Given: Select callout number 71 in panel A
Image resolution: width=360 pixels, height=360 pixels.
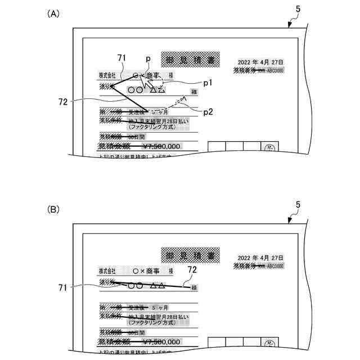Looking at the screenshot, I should point(122,57).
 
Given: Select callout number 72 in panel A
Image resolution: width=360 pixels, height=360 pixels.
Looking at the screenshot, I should point(63,102).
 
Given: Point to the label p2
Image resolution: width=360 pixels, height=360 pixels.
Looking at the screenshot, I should point(208,111).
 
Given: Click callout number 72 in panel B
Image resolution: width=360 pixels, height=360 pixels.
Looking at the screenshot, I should point(192,271).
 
